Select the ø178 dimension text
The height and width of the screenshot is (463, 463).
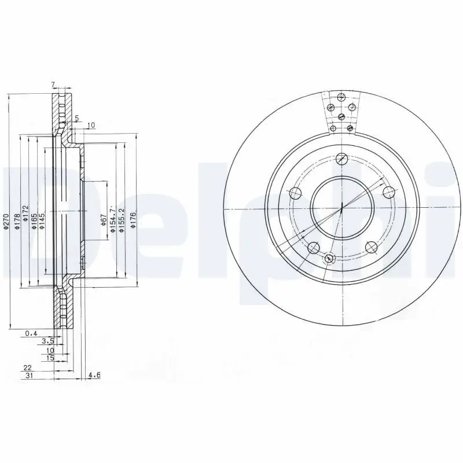(x=17, y=223)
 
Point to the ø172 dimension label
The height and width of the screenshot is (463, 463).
(x=25, y=215)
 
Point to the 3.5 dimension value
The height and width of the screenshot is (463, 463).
(x=48, y=341)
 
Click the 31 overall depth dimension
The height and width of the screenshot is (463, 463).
(x=29, y=376)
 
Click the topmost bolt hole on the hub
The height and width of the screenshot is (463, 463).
(x=341, y=157)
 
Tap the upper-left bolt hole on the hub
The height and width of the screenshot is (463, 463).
(x=295, y=193)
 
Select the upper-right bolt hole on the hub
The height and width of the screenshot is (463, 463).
(x=388, y=193)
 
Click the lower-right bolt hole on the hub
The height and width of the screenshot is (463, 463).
(x=370, y=247)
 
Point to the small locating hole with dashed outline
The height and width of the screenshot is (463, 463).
(x=330, y=258)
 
